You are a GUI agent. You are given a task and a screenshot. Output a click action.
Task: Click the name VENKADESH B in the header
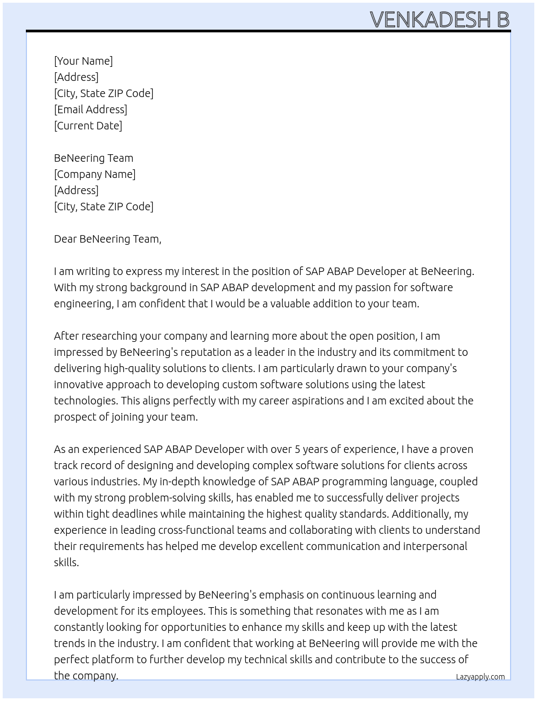click(x=439, y=19)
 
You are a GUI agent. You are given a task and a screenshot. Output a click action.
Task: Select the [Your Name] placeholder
click(x=84, y=61)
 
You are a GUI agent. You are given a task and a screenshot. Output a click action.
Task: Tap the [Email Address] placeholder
click(x=91, y=109)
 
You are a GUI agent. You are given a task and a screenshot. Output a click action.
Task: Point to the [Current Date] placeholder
click(x=88, y=126)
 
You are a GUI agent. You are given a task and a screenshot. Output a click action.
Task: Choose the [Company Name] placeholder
click(x=95, y=174)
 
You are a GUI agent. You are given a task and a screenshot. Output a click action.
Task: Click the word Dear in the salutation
click(x=65, y=239)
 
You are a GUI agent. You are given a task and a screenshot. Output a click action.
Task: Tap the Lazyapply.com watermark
click(x=480, y=677)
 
